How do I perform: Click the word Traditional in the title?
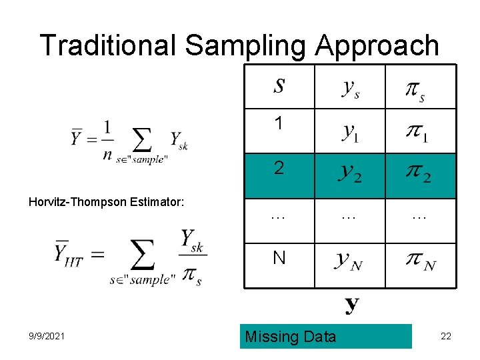(x=109, y=45)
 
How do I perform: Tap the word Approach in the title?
(x=378, y=45)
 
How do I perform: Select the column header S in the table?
(x=279, y=87)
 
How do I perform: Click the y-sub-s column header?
(x=350, y=88)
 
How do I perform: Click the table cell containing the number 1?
(x=279, y=123)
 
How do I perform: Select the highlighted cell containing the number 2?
(x=279, y=168)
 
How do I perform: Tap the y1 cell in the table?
(x=350, y=131)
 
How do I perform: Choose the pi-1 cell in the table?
(x=416, y=131)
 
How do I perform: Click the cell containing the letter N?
(x=279, y=257)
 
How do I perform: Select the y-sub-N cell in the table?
(x=350, y=261)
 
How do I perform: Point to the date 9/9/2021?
(x=47, y=337)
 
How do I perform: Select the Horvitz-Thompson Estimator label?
(x=107, y=201)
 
